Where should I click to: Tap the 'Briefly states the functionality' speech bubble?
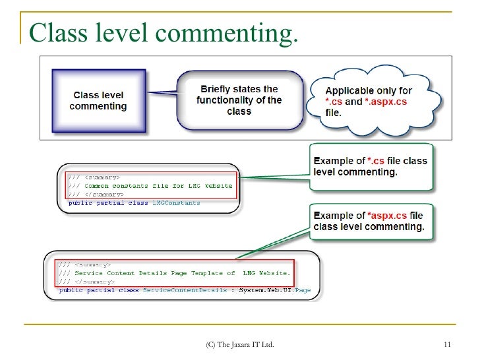(x=239, y=100)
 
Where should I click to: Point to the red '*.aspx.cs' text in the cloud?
(x=388, y=102)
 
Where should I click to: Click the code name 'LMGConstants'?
(x=176, y=203)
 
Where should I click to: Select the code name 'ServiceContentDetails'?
(x=185, y=290)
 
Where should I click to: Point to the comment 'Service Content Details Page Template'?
(x=154, y=273)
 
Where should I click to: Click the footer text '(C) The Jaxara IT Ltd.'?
(x=240, y=345)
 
